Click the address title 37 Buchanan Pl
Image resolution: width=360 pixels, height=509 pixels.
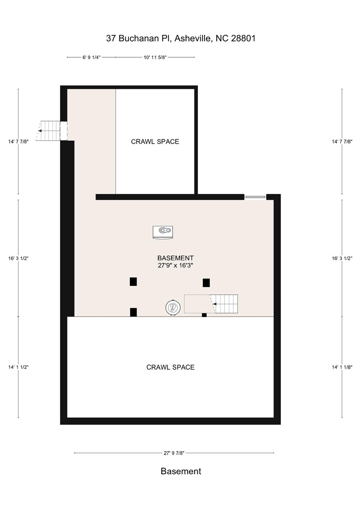[x=181, y=38]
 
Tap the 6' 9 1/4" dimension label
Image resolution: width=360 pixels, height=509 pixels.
[x=91, y=57]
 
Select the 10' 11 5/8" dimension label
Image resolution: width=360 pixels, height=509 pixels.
[x=155, y=57]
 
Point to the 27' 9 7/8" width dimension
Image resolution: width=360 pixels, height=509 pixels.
[x=174, y=453]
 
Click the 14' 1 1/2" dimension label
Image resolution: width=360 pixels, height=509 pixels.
[x=18, y=367]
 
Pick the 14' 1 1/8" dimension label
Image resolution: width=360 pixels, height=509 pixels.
[x=342, y=367]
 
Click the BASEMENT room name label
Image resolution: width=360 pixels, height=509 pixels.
[x=175, y=258]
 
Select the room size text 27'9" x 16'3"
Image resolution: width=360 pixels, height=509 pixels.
[x=175, y=265]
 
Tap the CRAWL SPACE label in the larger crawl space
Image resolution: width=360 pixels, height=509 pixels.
[x=170, y=367]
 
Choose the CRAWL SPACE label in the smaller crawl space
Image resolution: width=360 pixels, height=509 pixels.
[x=155, y=141]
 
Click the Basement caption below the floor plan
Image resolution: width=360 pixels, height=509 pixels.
[x=181, y=471]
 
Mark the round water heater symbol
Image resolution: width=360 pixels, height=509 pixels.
[x=173, y=308]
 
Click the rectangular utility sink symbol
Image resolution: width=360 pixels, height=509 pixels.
[x=163, y=232]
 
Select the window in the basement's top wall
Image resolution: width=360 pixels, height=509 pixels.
[x=255, y=197]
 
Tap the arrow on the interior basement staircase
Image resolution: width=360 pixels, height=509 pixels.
[x=214, y=304]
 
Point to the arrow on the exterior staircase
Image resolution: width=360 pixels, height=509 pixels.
[x=40, y=131]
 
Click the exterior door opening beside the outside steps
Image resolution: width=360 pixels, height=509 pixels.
[x=64, y=131]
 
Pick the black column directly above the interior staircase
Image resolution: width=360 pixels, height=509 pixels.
[x=206, y=283]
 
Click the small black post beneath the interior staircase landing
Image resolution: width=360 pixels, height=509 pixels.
[x=204, y=315]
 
